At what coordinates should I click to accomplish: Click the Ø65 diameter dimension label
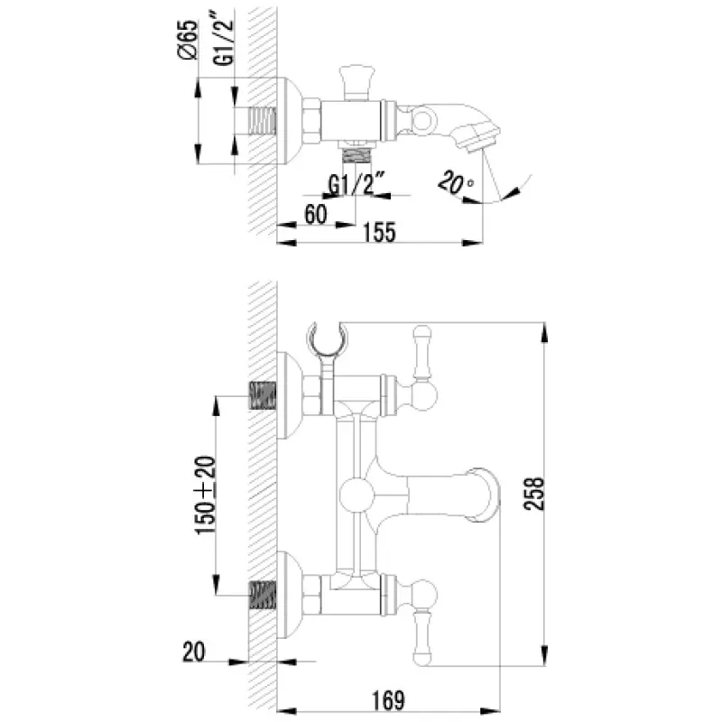pos(188,40)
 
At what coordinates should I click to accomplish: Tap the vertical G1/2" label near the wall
pos(223,43)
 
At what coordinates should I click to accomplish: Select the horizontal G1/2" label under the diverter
pos(356,184)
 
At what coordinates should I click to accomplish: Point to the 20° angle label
pos(456,182)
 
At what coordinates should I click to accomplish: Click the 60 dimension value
pos(316,214)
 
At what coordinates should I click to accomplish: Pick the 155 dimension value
pos(379,233)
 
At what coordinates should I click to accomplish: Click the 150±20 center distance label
pos(206,495)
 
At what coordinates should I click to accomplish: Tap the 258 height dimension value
pos(534,494)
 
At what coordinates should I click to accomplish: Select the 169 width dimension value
pos(389,700)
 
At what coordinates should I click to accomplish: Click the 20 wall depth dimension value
pos(194,652)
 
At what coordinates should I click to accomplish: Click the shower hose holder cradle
pos(327,340)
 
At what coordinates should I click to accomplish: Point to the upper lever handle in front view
pos(422,368)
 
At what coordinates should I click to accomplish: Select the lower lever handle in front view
pos(422,623)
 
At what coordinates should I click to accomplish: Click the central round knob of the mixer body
pos(356,495)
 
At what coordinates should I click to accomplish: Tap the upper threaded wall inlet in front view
pos(263,395)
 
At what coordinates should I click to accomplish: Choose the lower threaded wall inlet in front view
pos(263,595)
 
